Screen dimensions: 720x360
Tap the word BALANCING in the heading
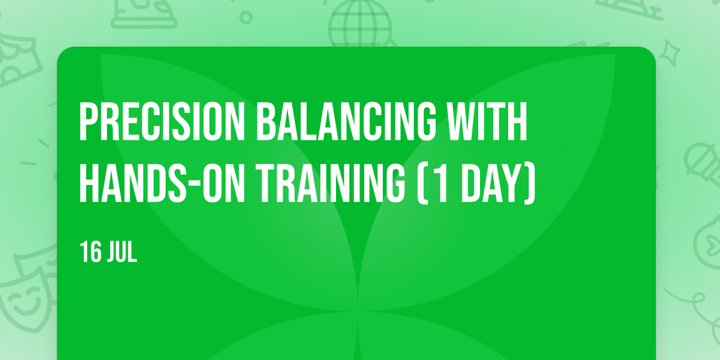click(346, 121)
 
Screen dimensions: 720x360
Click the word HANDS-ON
click(162, 182)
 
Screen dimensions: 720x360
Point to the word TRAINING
click(331, 182)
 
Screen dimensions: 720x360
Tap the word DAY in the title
click(491, 182)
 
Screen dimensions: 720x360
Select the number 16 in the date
click(91, 252)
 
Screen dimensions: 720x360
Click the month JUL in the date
click(122, 252)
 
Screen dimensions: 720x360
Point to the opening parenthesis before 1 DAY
click(422, 183)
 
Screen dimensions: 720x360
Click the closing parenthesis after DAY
click(530, 183)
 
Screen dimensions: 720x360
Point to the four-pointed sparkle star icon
click(669, 53)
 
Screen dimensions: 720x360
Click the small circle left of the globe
click(246, 17)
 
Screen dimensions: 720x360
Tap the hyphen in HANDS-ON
click(194, 185)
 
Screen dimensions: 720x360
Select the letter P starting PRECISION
click(89, 121)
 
